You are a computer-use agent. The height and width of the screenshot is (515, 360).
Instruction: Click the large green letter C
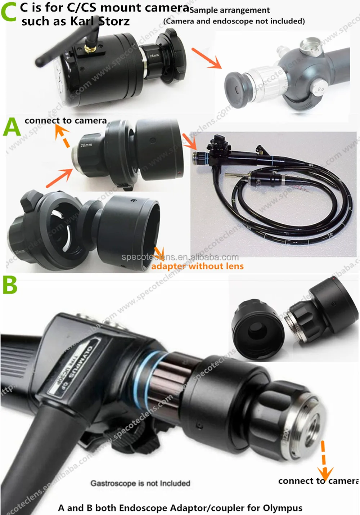9,12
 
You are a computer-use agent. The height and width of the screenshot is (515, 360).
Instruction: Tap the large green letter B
10,286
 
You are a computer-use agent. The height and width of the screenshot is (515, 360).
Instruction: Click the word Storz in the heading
114,22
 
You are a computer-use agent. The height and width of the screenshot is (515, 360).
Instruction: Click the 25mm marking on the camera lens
154,56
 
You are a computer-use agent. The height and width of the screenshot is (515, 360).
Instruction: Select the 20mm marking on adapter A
86,145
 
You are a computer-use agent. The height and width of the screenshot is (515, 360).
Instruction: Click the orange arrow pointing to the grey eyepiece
206,58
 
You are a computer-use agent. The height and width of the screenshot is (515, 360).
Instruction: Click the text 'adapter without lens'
197,267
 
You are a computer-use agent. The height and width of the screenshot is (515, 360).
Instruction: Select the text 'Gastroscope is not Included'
140,483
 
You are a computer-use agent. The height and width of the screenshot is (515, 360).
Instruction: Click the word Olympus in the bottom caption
283,508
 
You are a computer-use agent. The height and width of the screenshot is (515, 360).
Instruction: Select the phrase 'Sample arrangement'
230,10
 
